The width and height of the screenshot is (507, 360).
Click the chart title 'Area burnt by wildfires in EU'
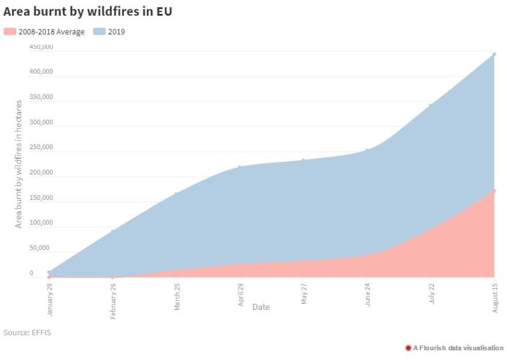tap(88, 12)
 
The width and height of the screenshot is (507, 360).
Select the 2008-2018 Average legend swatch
tap(10, 32)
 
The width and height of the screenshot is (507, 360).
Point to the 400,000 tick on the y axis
tap(41, 72)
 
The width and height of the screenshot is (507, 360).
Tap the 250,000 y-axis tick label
tap(41, 147)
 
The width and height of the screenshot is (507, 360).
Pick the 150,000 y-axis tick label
tap(41, 198)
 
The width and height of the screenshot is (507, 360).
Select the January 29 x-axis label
tap(50, 295)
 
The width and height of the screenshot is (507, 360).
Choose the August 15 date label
tap(495, 298)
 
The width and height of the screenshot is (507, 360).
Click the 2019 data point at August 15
tap(494, 54)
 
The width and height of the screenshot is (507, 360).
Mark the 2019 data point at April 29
tap(240, 167)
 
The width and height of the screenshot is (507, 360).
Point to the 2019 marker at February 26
tap(113, 231)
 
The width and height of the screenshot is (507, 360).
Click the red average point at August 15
tap(494, 191)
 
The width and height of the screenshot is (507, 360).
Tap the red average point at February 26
tap(113, 277)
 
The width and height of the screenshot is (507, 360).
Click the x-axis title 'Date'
tap(260, 307)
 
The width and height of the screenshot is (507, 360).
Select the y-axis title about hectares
tap(18, 164)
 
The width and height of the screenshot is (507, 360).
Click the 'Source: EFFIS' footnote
tap(27, 332)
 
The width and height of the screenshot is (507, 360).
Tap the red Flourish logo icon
tap(408, 348)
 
